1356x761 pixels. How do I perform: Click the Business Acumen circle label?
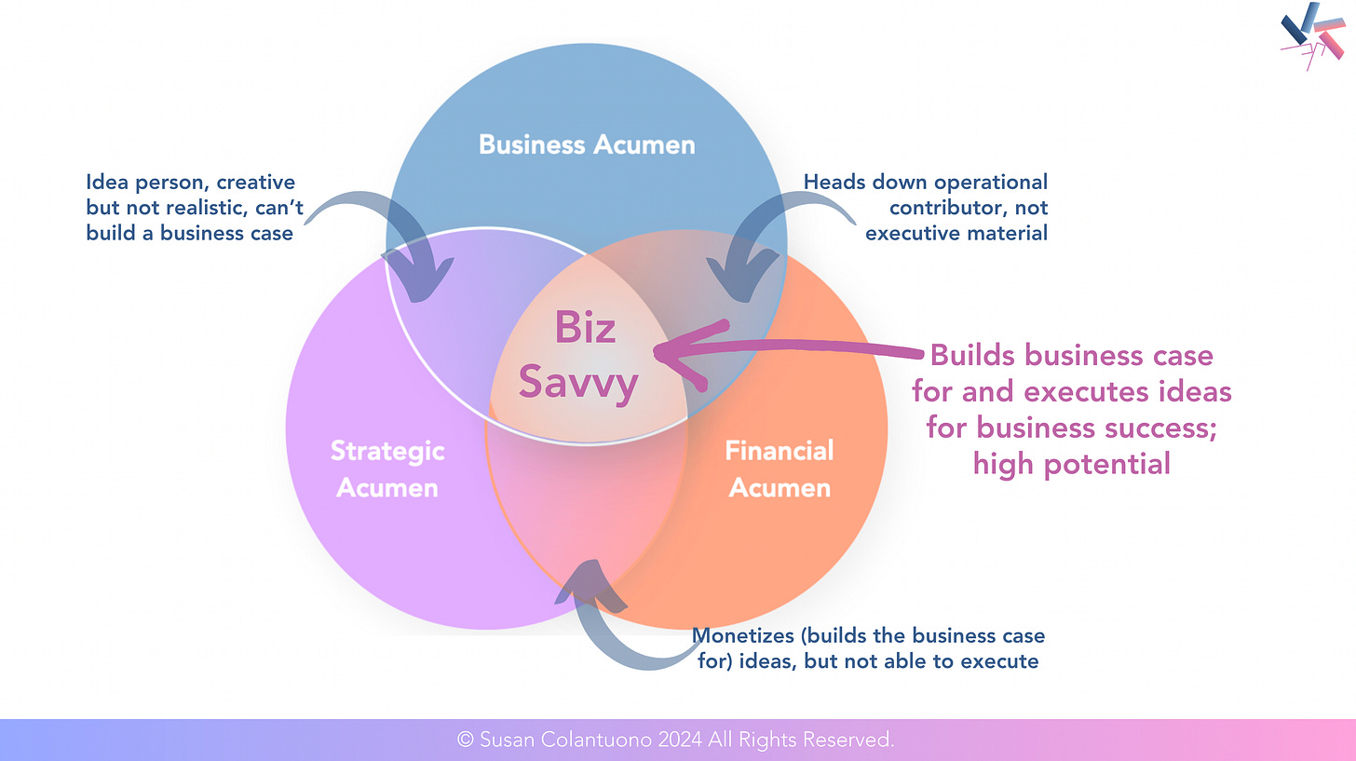pos(587,145)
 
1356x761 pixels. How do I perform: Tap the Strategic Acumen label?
pos(387,469)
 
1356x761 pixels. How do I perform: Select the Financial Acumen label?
pos(780,469)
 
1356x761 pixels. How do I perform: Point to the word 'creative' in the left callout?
pos(255,182)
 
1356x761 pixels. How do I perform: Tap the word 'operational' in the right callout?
pos(989,182)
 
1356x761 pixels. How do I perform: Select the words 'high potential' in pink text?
pos(1071,463)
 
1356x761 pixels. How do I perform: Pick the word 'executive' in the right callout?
pos(908,233)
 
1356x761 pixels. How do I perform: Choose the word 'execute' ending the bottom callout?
pos(1003,662)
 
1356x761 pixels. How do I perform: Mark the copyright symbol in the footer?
pos(466,740)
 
